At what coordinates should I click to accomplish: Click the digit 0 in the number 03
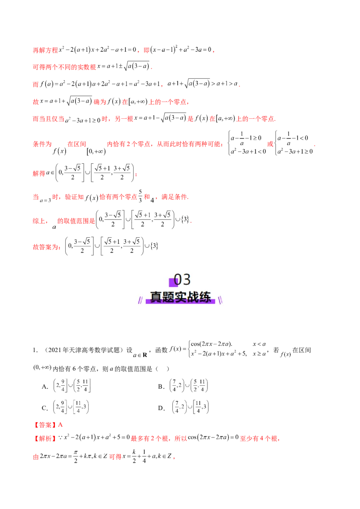click(x=177, y=280)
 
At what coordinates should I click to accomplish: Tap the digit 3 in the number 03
click(x=187, y=280)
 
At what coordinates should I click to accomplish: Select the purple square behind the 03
click(x=172, y=282)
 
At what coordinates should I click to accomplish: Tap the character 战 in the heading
click(x=193, y=298)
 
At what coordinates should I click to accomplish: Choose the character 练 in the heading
click(x=205, y=298)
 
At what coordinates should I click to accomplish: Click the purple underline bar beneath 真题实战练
click(x=180, y=302)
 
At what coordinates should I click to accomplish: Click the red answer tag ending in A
click(x=49, y=424)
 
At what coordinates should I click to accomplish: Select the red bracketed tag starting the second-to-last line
click(x=45, y=438)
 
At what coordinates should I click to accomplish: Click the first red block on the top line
click(x=45, y=50)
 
